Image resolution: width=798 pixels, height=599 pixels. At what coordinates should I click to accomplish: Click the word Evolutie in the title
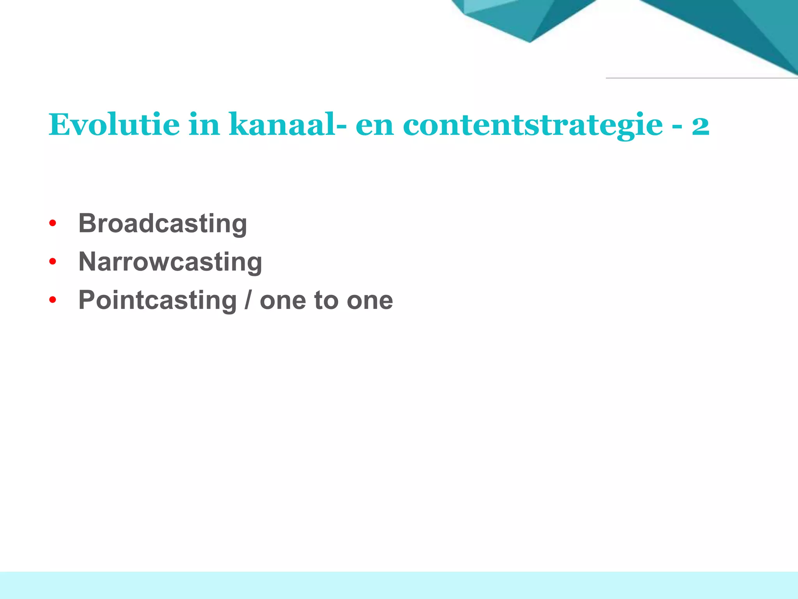coord(114,125)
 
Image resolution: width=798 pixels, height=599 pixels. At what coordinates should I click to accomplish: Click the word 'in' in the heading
coord(204,125)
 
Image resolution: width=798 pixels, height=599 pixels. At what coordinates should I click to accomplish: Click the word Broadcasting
coord(162,224)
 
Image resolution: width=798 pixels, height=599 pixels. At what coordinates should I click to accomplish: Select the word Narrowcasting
coord(170,262)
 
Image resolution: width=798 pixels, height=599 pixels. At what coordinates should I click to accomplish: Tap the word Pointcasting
coord(157,300)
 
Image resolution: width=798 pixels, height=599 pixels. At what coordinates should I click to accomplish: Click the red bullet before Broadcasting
coord(53,224)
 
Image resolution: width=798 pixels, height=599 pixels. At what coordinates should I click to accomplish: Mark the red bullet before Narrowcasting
coord(53,262)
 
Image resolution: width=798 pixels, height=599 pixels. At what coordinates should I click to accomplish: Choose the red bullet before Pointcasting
coord(53,300)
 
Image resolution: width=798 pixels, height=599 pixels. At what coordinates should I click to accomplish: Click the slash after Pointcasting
coord(248,300)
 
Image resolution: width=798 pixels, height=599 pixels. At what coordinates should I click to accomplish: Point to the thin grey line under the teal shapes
coord(701,78)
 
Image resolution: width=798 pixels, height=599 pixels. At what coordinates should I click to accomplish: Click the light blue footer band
coord(399,585)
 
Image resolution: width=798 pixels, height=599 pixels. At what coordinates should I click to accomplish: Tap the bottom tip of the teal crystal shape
coord(530,41)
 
